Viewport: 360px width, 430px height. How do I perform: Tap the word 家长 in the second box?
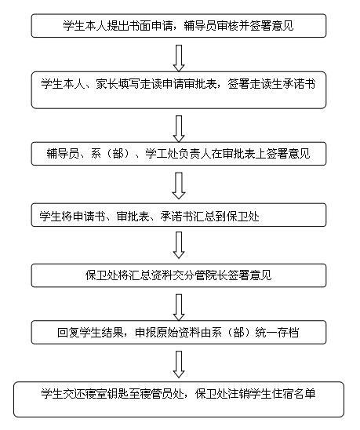tap(107, 83)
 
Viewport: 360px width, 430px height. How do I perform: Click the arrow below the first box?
tap(179, 58)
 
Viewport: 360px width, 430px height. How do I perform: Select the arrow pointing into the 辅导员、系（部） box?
tap(179, 129)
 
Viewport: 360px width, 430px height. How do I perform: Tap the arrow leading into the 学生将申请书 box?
tap(179, 186)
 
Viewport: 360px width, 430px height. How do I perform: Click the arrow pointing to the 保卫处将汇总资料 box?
tap(179, 245)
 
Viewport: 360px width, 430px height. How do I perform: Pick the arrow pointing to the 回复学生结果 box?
tap(179, 307)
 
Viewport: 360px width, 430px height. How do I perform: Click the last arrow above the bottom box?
tap(179, 364)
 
